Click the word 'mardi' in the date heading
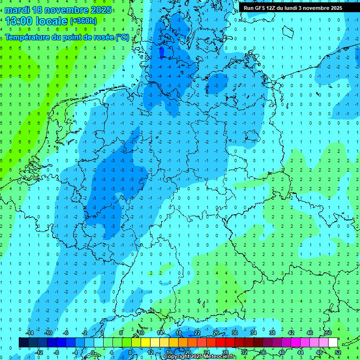click(x=17, y=10)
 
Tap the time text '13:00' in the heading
click(x=19, y=21)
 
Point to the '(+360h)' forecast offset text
click(x=83, y=21)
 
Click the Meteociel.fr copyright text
click(x=200, y=357)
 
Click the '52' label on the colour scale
click(x=338, y=352)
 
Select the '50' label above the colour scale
click(x=329, y=333)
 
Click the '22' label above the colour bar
click(x=197, y=333)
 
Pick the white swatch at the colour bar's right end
click(x=333, y=343)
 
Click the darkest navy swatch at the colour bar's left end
click(x=23, y=343)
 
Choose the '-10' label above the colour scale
click(x=48, y=333)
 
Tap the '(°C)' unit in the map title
click(x=122, y=37)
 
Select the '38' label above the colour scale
click(x=272, y=333)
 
